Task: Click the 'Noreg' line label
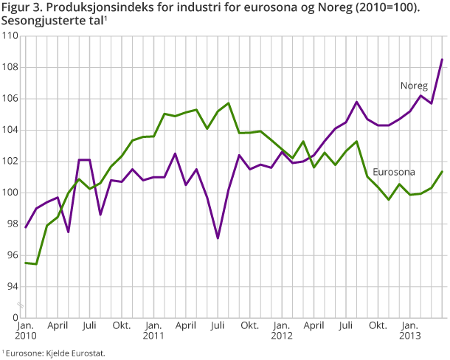(414, 86)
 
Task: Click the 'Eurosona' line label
(393, 172)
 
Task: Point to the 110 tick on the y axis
(10, 36)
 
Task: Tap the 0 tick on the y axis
(15, 318)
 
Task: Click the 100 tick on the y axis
(10, 193)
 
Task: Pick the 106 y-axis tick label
(10, 99)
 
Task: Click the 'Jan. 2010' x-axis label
(25, 330)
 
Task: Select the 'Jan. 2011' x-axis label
(153, 330)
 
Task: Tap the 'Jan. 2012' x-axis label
(282, 330)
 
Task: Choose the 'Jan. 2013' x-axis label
(410, 330)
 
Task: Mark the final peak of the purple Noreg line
(442, 60)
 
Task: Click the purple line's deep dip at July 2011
(218, 238)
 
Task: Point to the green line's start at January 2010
(26, 263)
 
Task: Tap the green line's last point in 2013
(442, 172)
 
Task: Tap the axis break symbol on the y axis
(21, 303)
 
